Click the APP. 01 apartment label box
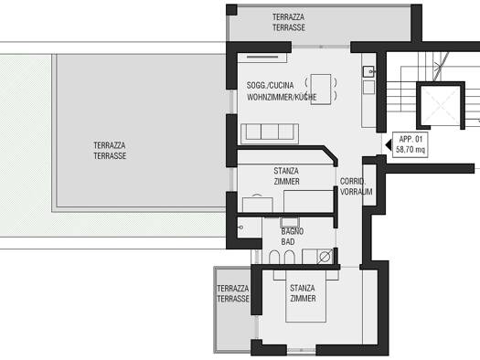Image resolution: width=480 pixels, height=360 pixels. coord(411,145)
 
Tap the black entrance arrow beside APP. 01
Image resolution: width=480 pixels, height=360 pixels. coord(389,144)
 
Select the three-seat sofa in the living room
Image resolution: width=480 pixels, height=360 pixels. coord(270,133)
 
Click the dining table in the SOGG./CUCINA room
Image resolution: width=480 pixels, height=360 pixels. coord(321,90)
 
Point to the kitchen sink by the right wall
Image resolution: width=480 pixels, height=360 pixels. coord(368,71)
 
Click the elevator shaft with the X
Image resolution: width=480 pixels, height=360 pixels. coord(441,105)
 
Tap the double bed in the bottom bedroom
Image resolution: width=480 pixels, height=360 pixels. coord(305,296)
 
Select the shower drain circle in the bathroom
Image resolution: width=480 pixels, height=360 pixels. coord(325,257)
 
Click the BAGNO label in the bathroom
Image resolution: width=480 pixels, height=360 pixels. coord(293,231)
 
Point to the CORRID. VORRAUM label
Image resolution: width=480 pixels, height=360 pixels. coord(356,186)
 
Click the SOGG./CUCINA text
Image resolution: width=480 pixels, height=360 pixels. coord(270,85)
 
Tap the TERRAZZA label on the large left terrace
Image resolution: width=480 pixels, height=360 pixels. coord(110,145)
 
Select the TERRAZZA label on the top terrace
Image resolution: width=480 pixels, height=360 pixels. coord(288,16)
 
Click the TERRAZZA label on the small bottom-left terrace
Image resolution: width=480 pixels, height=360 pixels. coord(232,289)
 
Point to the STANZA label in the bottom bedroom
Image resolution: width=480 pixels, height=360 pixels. coord(302,288)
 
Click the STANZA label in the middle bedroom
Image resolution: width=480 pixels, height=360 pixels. coord(286,171)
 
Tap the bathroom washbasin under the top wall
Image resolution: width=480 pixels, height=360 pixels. coord(290,222)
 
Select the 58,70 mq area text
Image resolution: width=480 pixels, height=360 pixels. coord(411,150)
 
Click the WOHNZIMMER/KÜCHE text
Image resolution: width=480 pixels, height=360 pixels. coord(282,97)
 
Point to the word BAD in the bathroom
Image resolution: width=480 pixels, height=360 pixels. coord(288,241)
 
